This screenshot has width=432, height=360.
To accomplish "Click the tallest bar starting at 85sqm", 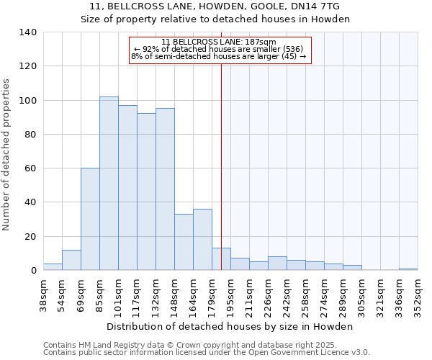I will coord(109,184).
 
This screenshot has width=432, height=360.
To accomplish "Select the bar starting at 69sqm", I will coord(90,219).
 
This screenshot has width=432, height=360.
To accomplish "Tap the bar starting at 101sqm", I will coord(127,188).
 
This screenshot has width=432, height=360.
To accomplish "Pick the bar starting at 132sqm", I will coord(165,189).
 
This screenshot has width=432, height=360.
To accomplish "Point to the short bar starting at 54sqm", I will coord(71,260).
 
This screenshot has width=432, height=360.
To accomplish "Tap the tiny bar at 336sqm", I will coord(408,269).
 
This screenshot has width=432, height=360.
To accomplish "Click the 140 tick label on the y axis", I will coord(27,32).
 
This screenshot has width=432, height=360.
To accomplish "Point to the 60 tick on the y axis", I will coord(30,168).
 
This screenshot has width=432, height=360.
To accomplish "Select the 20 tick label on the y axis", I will coord(30,236).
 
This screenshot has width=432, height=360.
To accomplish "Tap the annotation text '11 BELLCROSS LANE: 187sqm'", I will coord(219,42).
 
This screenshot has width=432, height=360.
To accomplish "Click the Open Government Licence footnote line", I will coord(206,352).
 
